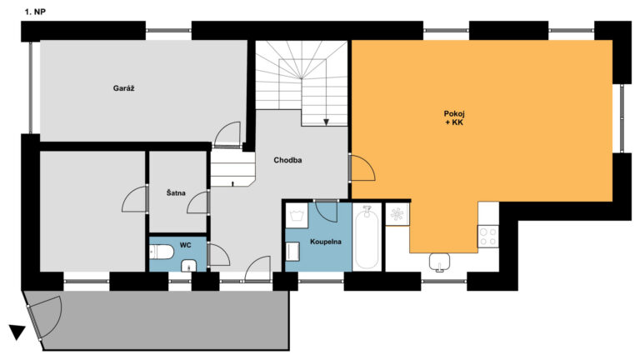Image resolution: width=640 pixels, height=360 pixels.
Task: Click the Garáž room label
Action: tap(123, 88)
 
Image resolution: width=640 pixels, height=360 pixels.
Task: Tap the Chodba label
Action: tap(287, 160)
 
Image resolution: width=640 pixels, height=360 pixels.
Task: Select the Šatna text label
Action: tap(176, 192)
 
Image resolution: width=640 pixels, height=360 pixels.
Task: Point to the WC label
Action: tap(185, 245)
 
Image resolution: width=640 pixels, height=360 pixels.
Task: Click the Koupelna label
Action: tap(326, 242)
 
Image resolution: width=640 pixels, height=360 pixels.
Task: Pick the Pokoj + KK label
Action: tap(454, 118)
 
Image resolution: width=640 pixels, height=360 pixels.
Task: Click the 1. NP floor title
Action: tap(35, 12)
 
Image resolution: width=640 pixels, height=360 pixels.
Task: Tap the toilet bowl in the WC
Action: tap(162, 252)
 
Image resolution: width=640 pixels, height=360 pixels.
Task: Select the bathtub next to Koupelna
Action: tap(367, 237)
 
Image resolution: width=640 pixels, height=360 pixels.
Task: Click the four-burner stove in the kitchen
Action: tap(488, 237)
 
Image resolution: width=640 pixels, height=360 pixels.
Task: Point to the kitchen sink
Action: tap(440, 261)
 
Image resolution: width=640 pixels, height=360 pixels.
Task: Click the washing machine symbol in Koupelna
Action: tap(297, 215)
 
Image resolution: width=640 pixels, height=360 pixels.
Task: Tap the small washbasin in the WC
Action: tap(188, 266)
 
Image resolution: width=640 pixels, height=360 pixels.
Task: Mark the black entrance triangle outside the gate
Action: tap(17, 332)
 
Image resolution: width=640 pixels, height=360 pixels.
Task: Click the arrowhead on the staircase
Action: tap(326, 122)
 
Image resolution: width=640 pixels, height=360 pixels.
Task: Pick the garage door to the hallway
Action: tap(227, 134)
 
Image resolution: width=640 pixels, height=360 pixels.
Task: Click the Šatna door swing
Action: tap(198, 202)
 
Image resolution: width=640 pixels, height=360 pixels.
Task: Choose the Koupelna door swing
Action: tap(326, 211)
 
